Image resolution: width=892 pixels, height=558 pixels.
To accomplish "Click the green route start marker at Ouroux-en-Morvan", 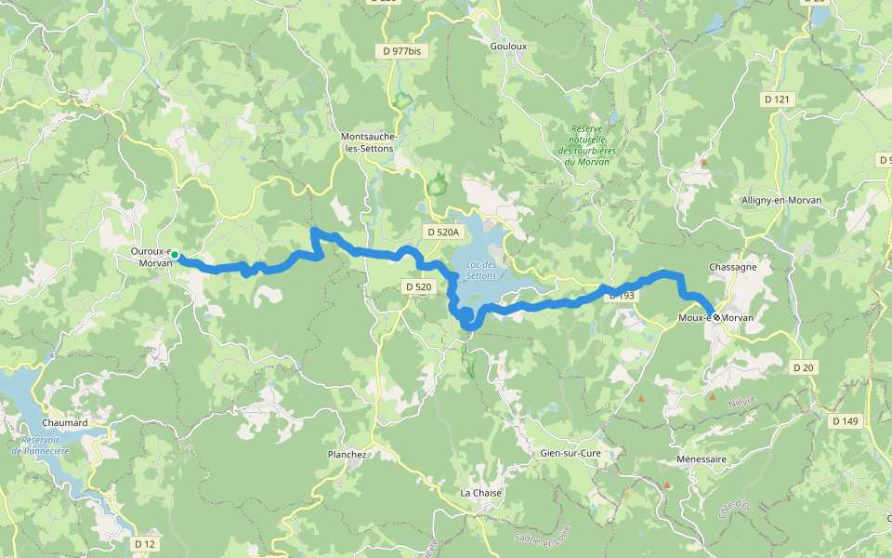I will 174,255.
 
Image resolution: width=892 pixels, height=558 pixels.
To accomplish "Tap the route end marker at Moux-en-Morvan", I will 716,317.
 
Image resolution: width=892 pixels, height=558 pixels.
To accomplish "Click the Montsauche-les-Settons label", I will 369,142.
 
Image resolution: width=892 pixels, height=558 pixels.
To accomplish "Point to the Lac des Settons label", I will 480,271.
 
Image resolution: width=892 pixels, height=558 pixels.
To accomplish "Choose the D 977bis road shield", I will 401,51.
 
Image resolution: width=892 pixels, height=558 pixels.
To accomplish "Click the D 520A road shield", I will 443,232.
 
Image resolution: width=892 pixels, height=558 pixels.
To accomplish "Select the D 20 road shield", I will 803,368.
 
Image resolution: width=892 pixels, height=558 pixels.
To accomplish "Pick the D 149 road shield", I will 845,421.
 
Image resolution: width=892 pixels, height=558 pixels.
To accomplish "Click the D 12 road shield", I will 144,543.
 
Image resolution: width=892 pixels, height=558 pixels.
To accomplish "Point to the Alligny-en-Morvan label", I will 781,201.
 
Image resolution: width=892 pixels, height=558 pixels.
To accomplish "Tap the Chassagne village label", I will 732,267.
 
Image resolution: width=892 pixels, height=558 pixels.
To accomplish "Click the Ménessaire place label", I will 702,459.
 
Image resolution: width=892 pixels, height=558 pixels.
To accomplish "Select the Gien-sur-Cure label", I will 571,453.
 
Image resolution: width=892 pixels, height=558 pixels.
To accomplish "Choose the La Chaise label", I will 481,493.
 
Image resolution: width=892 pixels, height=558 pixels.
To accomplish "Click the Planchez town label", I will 348,455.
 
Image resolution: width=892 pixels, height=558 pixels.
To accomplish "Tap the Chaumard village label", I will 64,423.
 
